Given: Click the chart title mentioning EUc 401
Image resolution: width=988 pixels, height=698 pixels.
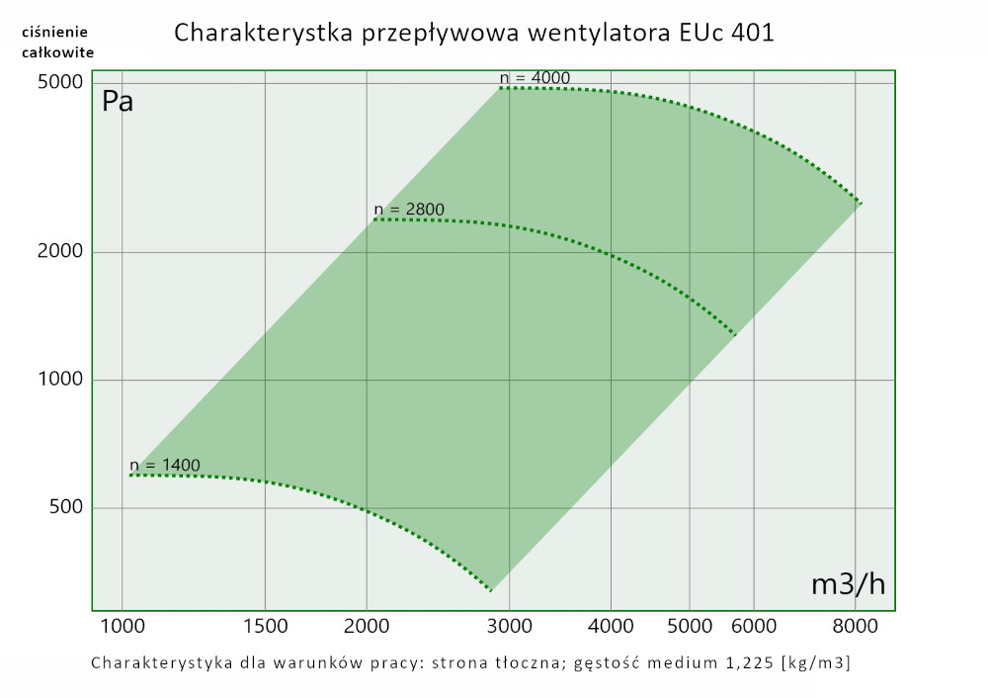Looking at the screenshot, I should [473, 33].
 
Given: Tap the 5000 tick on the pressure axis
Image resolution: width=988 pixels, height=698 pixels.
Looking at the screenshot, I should [60, 83].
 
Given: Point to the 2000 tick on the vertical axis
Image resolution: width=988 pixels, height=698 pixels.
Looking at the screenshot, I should [60, 251].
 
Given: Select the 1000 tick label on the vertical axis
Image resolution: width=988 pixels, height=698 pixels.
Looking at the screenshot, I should [60, 380].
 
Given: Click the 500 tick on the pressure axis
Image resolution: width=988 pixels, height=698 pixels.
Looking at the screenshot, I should [65, 508].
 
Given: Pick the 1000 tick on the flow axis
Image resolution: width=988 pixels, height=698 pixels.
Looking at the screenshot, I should [123, 626].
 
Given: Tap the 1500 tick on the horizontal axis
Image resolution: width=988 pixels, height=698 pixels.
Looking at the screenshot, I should [265, 626].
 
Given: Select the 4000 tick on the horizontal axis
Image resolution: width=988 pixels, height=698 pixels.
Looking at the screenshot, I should [611, 626].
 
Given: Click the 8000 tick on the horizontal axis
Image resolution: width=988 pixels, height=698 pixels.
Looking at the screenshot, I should [855, 626].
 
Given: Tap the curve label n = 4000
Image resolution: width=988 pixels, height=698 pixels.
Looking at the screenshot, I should [535, 78].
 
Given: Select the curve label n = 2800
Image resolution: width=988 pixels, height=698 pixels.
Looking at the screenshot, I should [409, 209].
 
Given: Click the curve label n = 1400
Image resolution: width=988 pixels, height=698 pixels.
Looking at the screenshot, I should [165, 465].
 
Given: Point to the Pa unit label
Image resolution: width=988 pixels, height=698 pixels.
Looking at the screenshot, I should [118, 102].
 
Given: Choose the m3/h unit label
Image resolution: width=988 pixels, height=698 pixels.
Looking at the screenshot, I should [848, 584].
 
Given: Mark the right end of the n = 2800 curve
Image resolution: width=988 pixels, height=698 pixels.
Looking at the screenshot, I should [736, 336].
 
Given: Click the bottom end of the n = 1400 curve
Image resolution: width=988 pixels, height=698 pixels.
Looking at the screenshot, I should [491, 590].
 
